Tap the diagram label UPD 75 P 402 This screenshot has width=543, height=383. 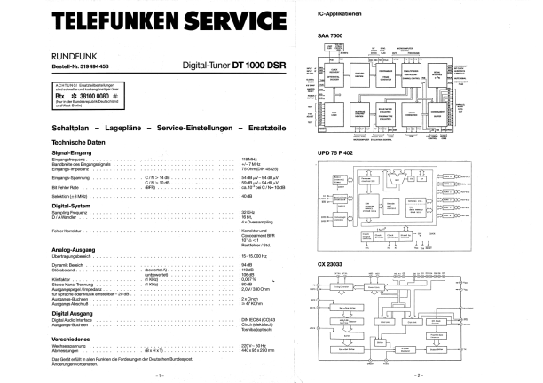[x=337, y=152]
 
